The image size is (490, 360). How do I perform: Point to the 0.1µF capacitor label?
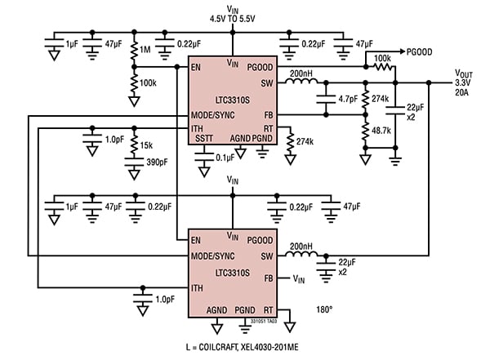coord(226,158)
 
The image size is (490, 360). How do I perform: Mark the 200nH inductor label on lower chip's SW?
coord(300,244)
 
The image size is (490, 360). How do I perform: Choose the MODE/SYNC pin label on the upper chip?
coord(214,114)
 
